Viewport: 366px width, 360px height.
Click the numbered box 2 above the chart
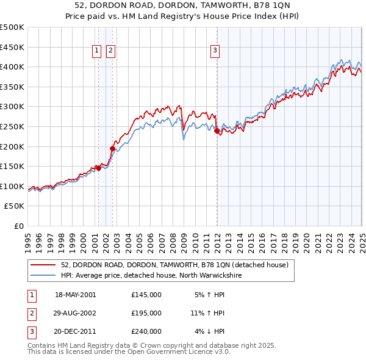[x=110, y=51]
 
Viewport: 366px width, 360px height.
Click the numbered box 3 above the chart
[x=215, y=51]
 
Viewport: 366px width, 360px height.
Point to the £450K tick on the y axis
[x=12, y=47]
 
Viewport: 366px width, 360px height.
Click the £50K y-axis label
[x=15, y=206]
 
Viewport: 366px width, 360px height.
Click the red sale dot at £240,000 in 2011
[x=217, y=130]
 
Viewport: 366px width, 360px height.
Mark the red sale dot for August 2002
[x=112, y=148]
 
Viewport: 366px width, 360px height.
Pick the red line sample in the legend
[x=44, y=265]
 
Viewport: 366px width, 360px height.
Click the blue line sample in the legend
[x=44, y=275]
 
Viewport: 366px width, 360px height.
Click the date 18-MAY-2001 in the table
[x=76, y=295]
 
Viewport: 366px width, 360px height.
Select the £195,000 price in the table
[x=146, y=313]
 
